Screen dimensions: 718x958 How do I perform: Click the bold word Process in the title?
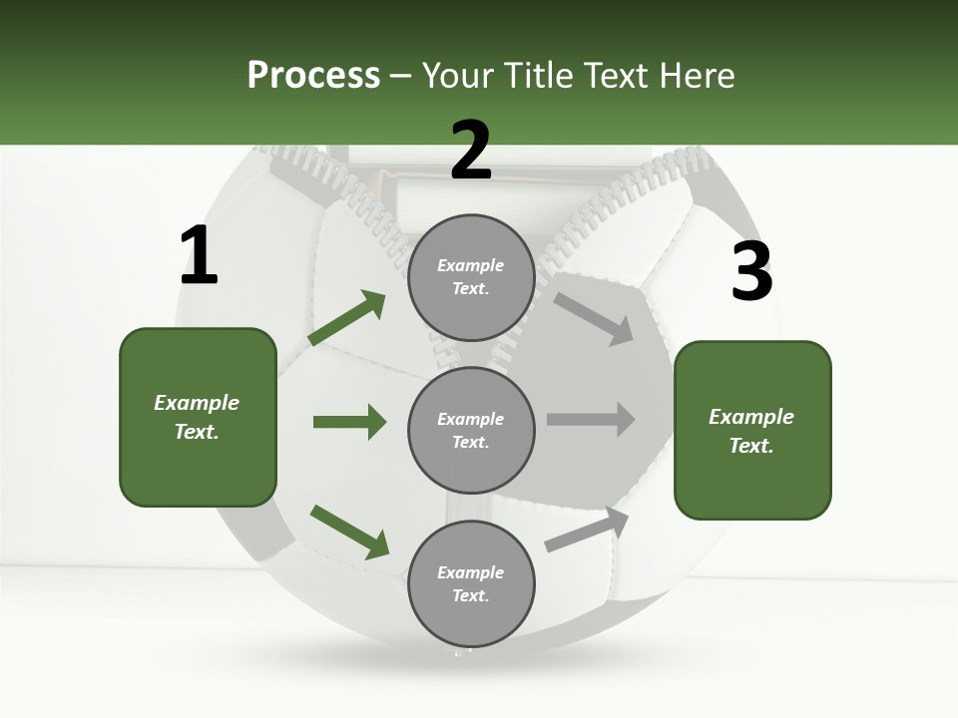(x=313, y=75)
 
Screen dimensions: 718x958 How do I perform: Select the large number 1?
(x=199, y=256)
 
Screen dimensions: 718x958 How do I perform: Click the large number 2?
(x=471, y=151)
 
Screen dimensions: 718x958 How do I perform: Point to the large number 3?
(x=751, y=271)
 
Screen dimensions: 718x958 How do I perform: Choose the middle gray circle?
(x=471, y=431)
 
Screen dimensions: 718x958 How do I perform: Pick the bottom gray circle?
(x=471, y=584)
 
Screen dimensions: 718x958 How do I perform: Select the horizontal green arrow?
(x=349, y=422)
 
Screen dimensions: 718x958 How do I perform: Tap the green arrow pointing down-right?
(x=349, y=532)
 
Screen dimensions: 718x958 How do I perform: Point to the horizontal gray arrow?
(x=591, y=419)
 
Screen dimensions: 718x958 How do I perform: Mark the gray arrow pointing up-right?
(x=587, y=530)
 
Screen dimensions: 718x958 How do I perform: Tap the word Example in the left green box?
(x=197, y=403)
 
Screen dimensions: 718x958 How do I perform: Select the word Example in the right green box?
(x=751, y=417)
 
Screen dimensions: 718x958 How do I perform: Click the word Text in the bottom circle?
(x=469, y=595)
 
